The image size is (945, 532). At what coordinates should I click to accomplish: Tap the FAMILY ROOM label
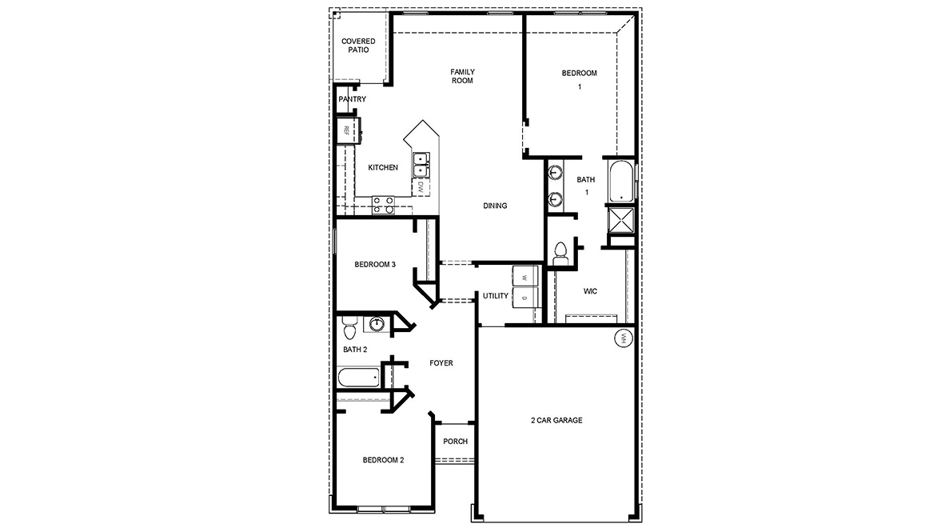point(462,76)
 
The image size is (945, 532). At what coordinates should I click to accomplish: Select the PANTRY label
point(352,99)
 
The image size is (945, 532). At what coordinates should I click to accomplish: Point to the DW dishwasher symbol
point(420,186)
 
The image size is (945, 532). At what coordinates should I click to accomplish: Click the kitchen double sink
point(420,165)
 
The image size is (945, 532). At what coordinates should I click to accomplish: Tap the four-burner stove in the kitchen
point(383,205)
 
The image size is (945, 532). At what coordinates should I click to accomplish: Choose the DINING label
point(495,206)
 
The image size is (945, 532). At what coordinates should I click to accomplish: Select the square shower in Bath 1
point(620,218)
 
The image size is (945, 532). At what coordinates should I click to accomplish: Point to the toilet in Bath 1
point(560,250)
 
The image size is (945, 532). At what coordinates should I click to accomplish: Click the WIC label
point(590,291)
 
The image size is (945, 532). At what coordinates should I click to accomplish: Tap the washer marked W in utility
point(524,276)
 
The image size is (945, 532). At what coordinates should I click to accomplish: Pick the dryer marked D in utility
point(524,298)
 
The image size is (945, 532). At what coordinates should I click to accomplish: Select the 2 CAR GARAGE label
point(556,420)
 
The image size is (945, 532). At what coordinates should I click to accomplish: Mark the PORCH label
point(455,441)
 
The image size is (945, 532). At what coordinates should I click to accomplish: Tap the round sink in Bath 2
point(377,323)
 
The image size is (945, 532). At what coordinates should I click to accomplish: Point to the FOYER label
point(441,363)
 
